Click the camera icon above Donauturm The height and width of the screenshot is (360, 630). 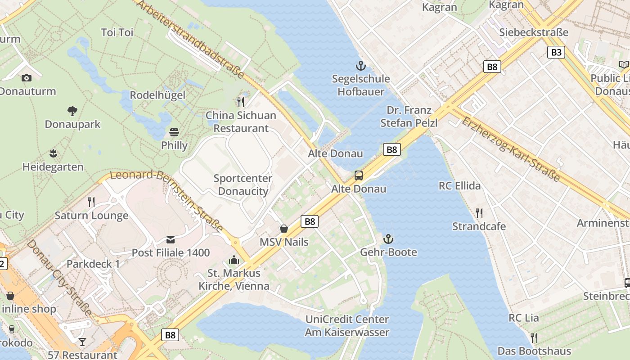pos(27,78)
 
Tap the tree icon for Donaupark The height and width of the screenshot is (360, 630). pos(72,111)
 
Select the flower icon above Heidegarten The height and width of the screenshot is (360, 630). pos(53,153)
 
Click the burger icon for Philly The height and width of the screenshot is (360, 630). pos(174,132)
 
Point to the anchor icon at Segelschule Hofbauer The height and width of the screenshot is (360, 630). pos(360,66)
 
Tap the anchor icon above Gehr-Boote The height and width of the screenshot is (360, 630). pos(388,239)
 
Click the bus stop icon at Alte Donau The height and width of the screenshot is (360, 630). pos(359,175)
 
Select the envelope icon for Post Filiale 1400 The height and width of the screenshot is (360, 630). pos(171,239)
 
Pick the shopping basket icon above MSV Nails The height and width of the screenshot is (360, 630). pos(284,229)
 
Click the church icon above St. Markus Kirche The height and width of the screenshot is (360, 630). pos(234,260)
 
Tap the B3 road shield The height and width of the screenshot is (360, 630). pos(556,52)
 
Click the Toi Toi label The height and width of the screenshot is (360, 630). pos(117,32)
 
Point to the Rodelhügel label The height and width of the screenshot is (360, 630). pos(157,95)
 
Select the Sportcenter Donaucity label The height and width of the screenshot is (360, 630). pos(243,185)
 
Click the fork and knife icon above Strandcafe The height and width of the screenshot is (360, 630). pos(479,213)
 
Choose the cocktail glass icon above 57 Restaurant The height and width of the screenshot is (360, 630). pos(82,342)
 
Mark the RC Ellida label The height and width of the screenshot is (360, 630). pos(459,186)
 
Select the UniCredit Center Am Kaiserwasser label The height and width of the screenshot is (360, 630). pos(347,326)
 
